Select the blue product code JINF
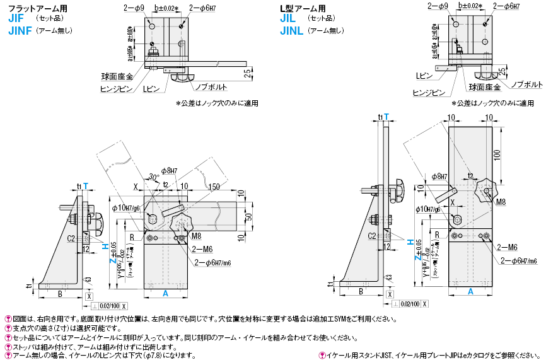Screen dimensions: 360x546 click(x=20, y=31)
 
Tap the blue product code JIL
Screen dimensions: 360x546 click(x=288, y=20)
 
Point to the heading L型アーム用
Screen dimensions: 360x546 click(x=303, y=8)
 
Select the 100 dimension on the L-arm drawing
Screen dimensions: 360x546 click(x=499, y=154)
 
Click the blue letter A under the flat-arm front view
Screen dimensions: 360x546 click(x=166, y=293)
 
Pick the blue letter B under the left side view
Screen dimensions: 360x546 click(x=60, y=293)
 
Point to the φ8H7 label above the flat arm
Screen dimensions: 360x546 click(x=170, y=170)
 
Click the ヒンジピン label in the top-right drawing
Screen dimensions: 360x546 click(x=428, y=92)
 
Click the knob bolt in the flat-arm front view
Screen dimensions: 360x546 click(x=180, y=223)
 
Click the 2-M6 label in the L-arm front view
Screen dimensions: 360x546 click(x=508, y=247)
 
